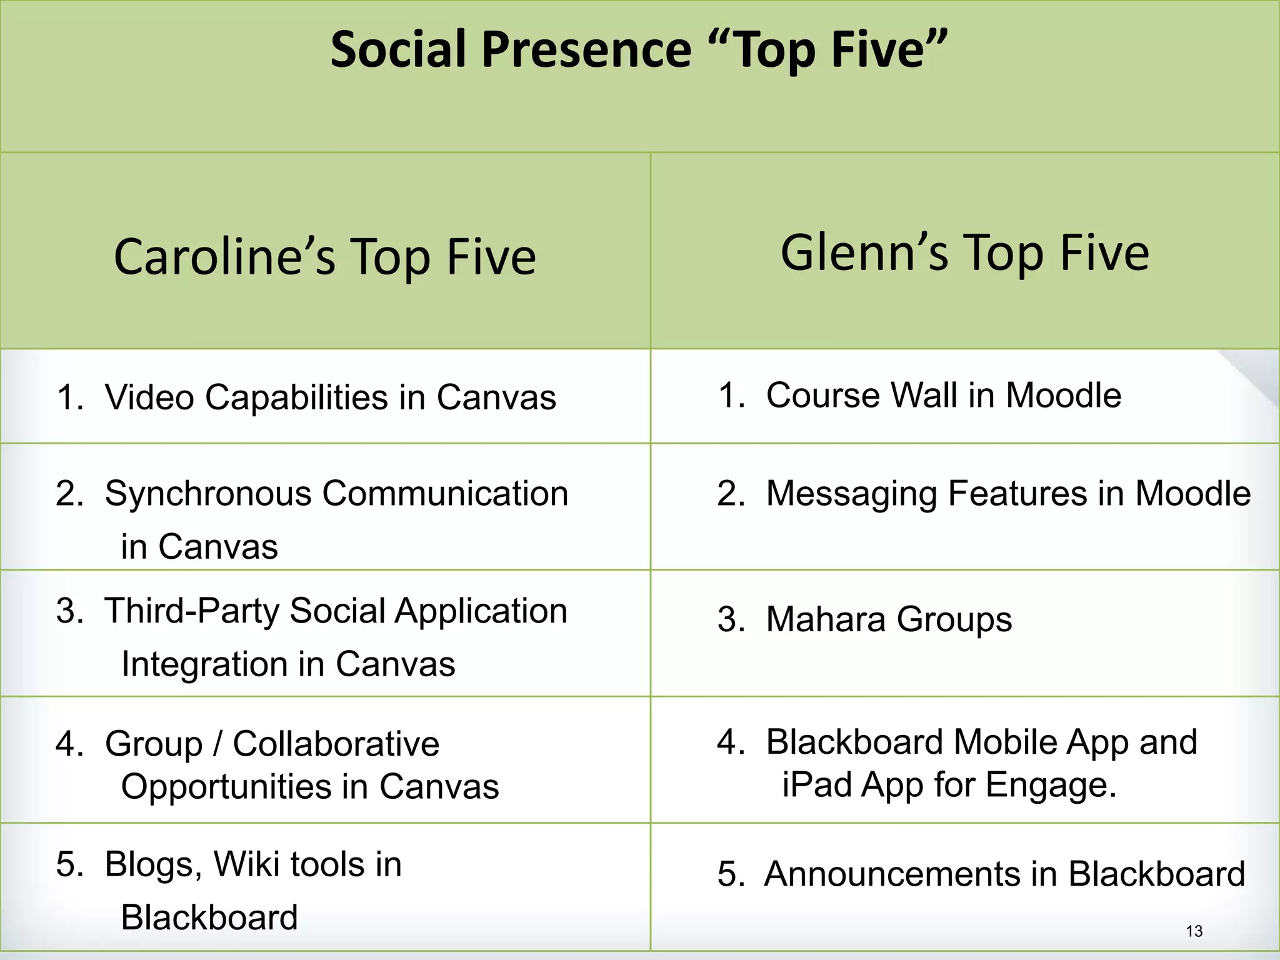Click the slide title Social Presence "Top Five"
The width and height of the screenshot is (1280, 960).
pyautogui.click(x=639, y=50)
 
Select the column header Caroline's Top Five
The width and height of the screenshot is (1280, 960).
pyautogui.click(x=325, y=257)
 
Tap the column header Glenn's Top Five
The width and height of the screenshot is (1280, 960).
pyautogui.click(x=964, y=252)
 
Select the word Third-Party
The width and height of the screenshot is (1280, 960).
pyautogui.click(x=191, y=611)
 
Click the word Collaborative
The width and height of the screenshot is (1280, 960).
pyautogui.click(x=336, y=744)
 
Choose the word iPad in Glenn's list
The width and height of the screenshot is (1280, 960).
pyautogui.click(x=817, y=785)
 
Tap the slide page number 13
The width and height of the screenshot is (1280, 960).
pyautogui.click(x=1194, y=931)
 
